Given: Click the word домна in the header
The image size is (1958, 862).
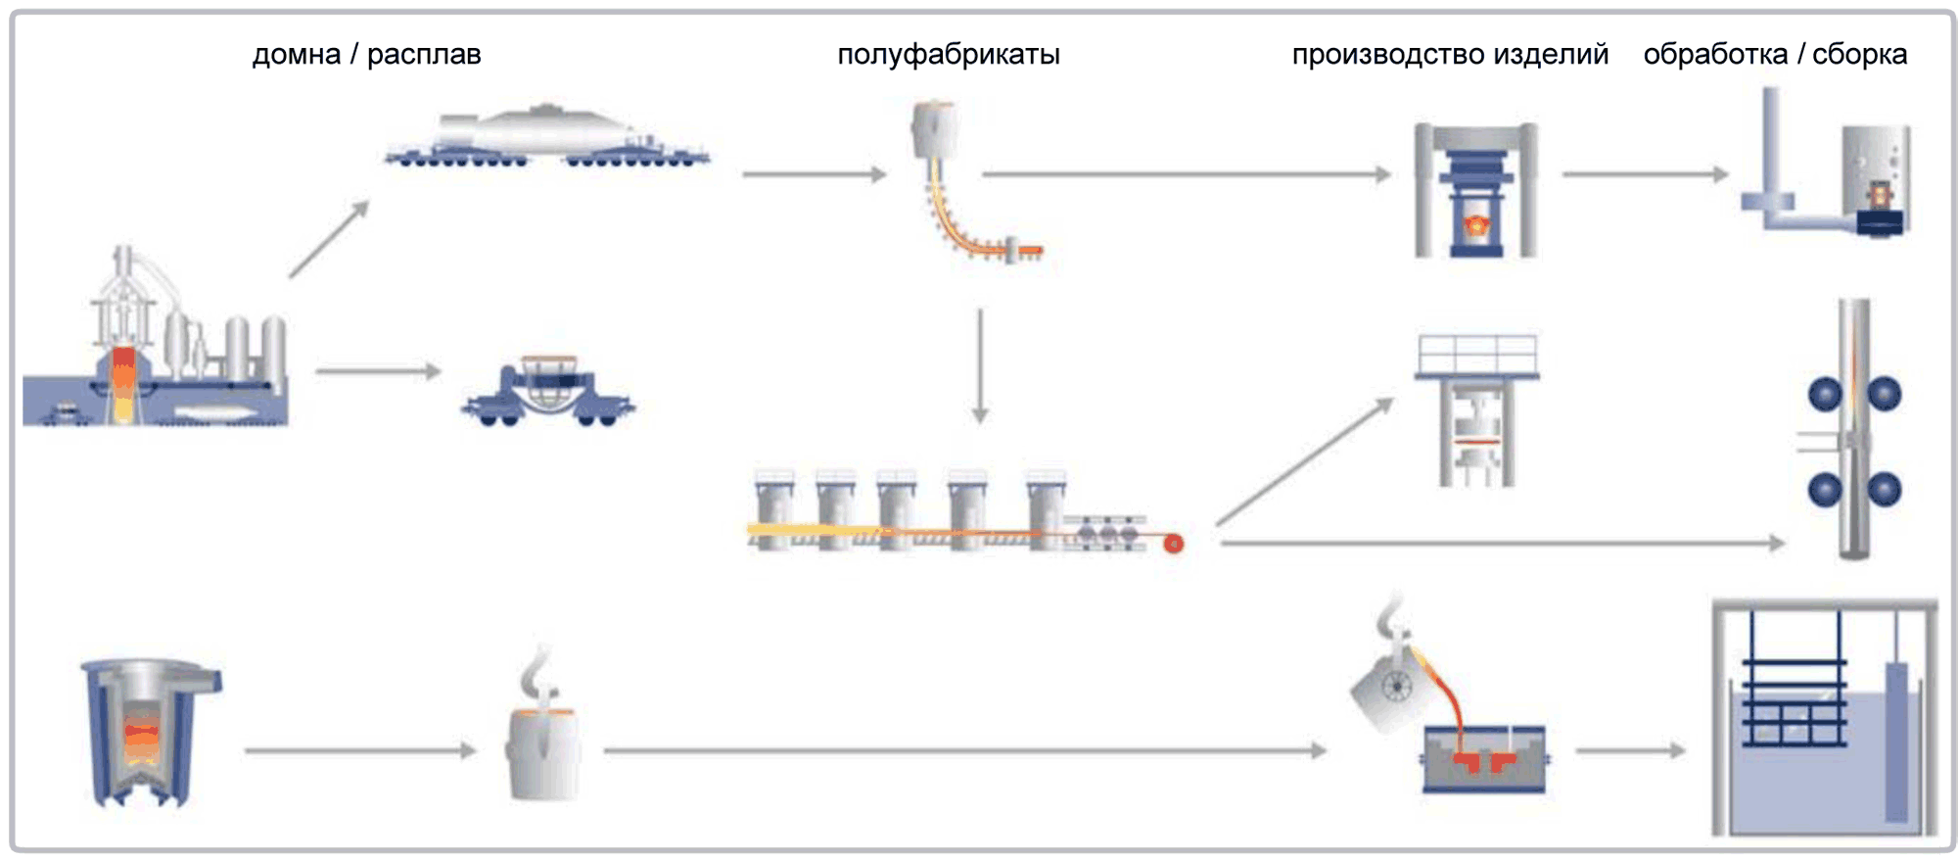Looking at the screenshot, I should click(296, 55).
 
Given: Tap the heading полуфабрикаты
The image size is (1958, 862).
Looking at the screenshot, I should click(948, 55).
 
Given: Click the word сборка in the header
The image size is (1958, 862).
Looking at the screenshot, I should click(1859, 55).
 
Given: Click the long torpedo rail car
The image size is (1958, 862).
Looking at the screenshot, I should click(546, 138).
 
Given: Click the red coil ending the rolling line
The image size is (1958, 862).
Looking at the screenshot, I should click(1173, 544).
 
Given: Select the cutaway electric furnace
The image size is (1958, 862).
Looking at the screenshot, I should click(147, 730).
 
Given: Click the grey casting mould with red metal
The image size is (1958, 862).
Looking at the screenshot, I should click(1483, 759).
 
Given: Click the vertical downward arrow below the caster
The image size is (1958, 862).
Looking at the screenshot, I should click(980, 366).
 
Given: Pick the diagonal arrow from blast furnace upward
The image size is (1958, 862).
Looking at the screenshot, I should click(329, 239).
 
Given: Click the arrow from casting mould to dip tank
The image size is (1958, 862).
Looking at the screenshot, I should click(1630, 751).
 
